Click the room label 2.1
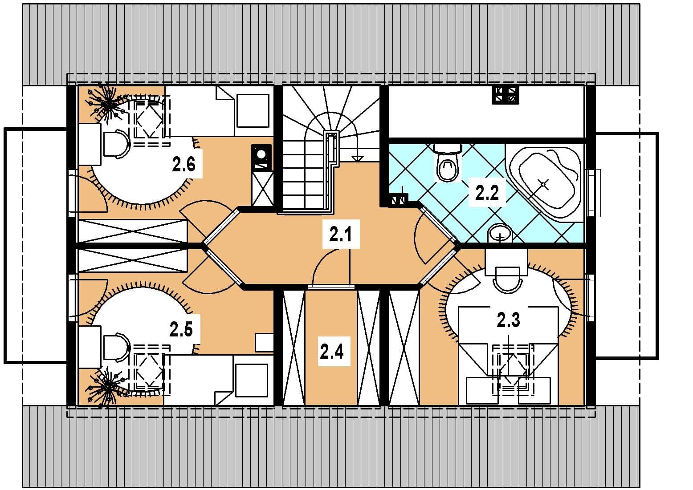coord(341,234)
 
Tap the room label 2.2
coord(487,193)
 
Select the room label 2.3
coord(509,320)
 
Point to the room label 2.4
coord(332,352)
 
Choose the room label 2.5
coord(181,329)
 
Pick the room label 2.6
coord(184,164)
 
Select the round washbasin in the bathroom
coord(500,233)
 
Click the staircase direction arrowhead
coord(358,158)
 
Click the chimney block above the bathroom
coord(505,94)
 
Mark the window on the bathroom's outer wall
coord(594,193)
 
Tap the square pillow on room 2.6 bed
coord(253,111)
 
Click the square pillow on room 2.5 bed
coord(252,380)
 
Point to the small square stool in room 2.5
coord(264,343)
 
